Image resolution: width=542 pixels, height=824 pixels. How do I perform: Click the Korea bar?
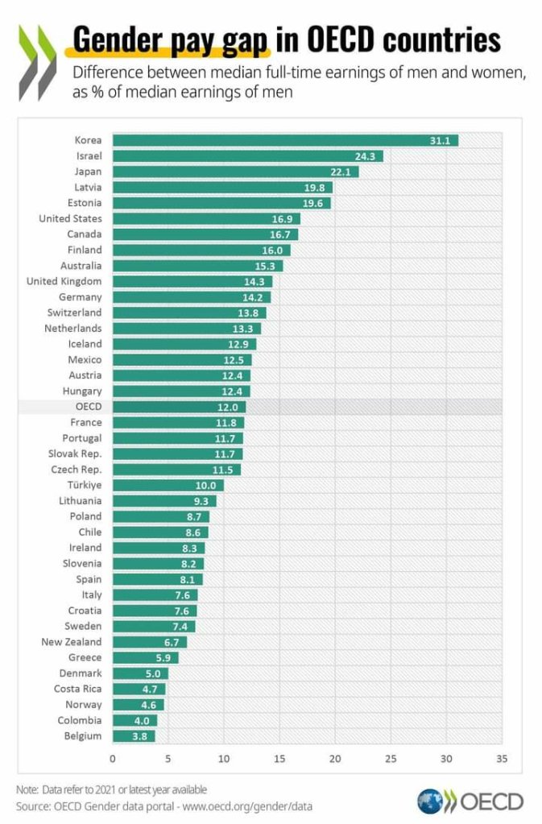pyautogui.click(x=285, y=140)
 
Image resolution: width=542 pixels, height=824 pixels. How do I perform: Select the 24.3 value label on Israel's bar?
pyautogui.click(x=366, y=156)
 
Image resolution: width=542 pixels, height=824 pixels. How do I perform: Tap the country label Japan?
pyautogui.click(x=86, y=172)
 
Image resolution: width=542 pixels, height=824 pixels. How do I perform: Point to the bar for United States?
pyautogui.click(x=206, y=218)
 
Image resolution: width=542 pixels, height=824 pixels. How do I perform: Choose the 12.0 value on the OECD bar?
pyautogui.click(x=232, y=407)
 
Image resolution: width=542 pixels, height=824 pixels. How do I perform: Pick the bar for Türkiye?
pyautogui.click(x=168, y=485)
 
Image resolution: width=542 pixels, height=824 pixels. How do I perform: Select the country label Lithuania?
pyautogui.click(x=81, y=500)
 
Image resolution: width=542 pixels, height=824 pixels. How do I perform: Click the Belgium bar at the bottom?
pyautogui.click(x=133, y=735)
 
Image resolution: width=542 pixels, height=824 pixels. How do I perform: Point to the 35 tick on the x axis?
pyautogui.click(x=502, y=758)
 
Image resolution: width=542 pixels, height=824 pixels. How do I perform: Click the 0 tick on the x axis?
pyautogui.click(x=112, y=758)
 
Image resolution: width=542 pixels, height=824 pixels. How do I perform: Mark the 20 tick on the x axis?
pyautogui.click(x=335, y=758)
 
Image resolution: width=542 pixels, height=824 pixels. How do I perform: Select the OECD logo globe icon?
pyautogui.click(x=430, y=801)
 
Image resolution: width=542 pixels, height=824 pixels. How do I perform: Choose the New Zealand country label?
pyautogui.click(x=72, y=642)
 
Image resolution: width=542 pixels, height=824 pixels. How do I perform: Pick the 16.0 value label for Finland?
pyautogui.click(x=278, y=250)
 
